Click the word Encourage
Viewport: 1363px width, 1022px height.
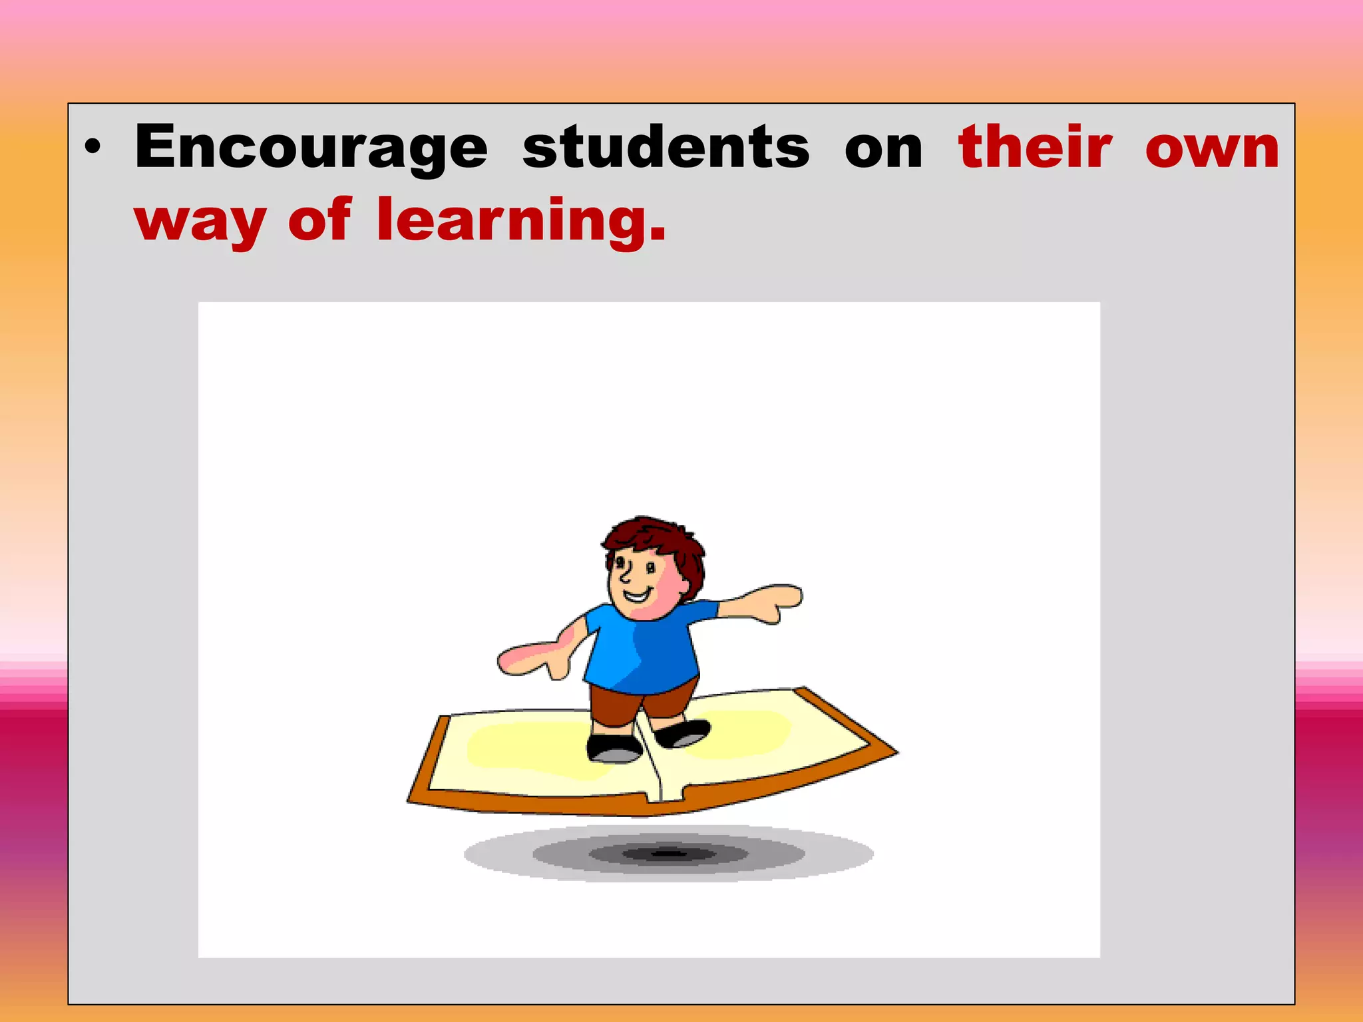[311, 148]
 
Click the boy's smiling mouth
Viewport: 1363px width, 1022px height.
[636, 594]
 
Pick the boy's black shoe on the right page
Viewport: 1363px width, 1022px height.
[682, 733]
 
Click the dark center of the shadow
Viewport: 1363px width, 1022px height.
[669, 853]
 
